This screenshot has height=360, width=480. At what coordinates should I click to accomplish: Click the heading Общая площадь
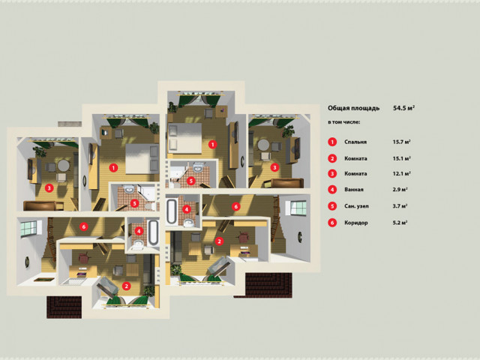(x=353, y=108)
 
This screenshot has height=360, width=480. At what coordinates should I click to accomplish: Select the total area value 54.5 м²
(x=403, y=108)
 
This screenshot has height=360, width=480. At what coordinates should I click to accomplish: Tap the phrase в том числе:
(x=343, y=122)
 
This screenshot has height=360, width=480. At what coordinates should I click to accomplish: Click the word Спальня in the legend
(x=355, y=142)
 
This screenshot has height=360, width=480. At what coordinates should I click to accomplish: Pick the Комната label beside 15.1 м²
(x=355, y=158)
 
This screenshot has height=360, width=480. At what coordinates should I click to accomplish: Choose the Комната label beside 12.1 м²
(x=355, y=173)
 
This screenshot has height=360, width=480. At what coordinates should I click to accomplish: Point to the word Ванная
(x=353, y=190)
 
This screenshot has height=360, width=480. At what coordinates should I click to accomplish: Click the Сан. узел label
(x=356, y=206)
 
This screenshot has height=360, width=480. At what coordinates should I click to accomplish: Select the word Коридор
(x=356, y=223)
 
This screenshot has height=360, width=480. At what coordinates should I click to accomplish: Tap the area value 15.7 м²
(x=401, y=142)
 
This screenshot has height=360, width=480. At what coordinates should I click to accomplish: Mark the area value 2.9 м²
(x=400, y=190)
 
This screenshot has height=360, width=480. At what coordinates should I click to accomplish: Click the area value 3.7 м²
(x=400, y=206)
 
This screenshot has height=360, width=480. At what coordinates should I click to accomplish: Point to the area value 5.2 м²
(x=400, y=223)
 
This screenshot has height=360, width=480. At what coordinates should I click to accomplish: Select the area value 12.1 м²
(x=401, y=173)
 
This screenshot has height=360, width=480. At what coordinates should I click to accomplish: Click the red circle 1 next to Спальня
(x=332, y=142)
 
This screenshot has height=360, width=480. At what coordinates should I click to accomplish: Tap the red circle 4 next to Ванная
(x=332, y=190)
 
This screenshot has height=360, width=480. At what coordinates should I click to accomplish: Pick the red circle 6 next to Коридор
(x=332, y=223)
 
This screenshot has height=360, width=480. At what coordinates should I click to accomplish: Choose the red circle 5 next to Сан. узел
(x=332, y=206)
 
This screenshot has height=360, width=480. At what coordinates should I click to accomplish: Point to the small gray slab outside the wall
(x=70, y=124)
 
